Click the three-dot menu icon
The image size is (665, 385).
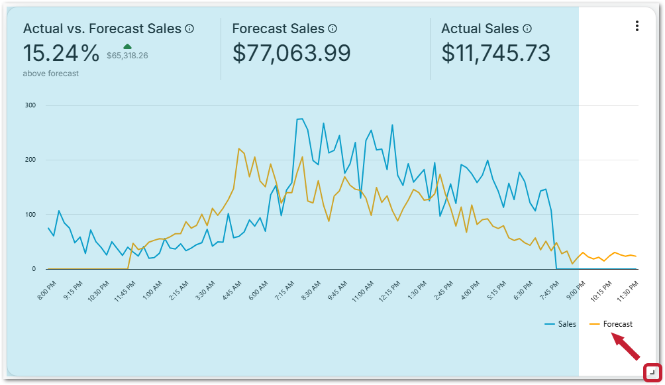point(637,26)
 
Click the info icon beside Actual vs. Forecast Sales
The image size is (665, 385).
point(189,28)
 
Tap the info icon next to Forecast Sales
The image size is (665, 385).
point(332,28)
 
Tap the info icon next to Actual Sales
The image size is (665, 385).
point(527,28)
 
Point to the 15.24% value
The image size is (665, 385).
point(61,53)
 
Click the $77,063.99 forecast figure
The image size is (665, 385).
point(291,53)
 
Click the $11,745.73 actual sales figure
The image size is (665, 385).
point(496,53)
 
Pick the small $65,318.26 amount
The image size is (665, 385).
point(127,56)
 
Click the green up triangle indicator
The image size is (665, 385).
point(127,46)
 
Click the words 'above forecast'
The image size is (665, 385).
point(50,74)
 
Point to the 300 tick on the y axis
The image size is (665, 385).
point(30,105)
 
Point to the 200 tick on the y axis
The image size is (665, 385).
point(30,160)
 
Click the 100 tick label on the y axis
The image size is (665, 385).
point(30,215)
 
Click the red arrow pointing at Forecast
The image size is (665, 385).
point(626,347)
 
